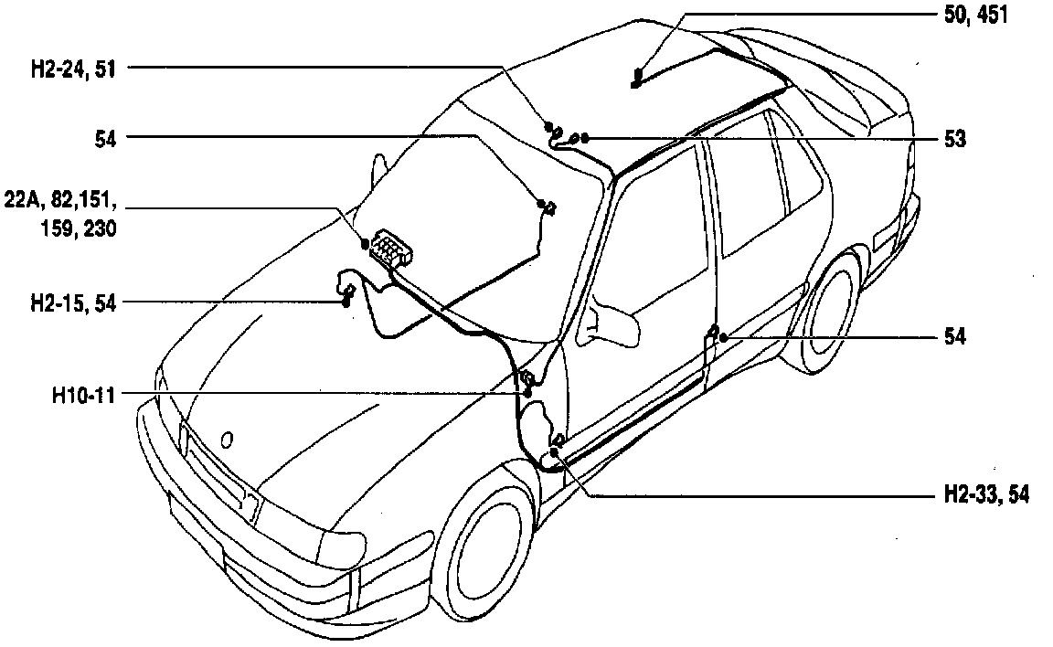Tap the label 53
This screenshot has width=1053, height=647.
(955, 139)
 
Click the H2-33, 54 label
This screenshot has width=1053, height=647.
(985, 494)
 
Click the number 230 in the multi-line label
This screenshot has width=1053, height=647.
(99, 229)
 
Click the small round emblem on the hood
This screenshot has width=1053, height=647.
(227, 440)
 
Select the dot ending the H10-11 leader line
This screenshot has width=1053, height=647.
(527, 392)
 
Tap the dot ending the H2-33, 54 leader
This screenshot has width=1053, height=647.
(554, 452)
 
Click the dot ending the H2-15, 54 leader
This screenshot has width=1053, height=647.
(346, 301)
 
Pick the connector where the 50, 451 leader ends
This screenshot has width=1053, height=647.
(637, 80)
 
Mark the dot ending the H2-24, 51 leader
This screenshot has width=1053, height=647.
(548, 125)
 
